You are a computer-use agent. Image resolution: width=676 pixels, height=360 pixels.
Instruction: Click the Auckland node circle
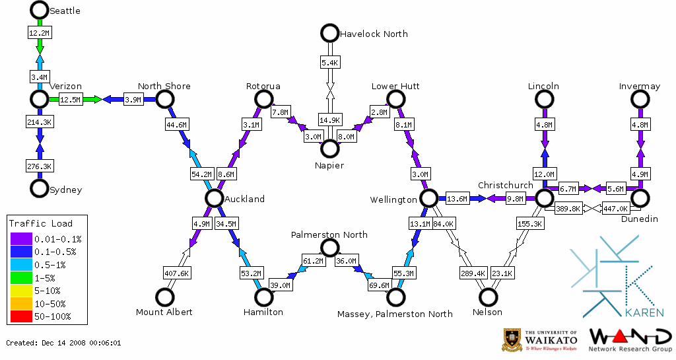click(x=213, y=198)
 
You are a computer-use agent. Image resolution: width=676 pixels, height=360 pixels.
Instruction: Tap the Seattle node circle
click(x=40, y=10)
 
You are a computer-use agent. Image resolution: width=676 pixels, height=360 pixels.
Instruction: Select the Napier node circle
click(x=329, y=149)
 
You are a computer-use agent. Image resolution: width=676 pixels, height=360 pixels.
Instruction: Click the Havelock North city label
click(x=373, y=34)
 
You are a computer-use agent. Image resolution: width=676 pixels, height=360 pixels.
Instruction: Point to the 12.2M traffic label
click(x=39, y=32)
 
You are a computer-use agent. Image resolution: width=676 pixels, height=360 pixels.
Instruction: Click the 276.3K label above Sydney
click(x=39, y=165)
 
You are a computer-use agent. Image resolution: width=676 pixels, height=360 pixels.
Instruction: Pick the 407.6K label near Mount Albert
click(x=176, y=273)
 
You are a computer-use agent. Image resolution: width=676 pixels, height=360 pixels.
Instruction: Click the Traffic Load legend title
click(x=41, y=223)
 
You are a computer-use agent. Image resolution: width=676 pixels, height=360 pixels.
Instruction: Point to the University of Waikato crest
click(x=513, y=340)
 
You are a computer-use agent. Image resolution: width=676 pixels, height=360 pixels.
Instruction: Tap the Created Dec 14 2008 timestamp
click(x=63, y=343)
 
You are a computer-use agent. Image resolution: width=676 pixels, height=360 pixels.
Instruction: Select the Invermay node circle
click(x=640, y=99)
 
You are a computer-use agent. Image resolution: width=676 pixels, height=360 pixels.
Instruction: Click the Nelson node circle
click(x=488, y=297)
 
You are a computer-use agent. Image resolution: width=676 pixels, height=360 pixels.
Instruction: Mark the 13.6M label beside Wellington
click(x=457, y=198)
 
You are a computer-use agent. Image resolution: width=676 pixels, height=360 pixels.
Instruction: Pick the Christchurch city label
click(x=505, y=185)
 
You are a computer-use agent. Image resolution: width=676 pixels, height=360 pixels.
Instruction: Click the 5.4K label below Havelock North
click(x=329, y=63)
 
